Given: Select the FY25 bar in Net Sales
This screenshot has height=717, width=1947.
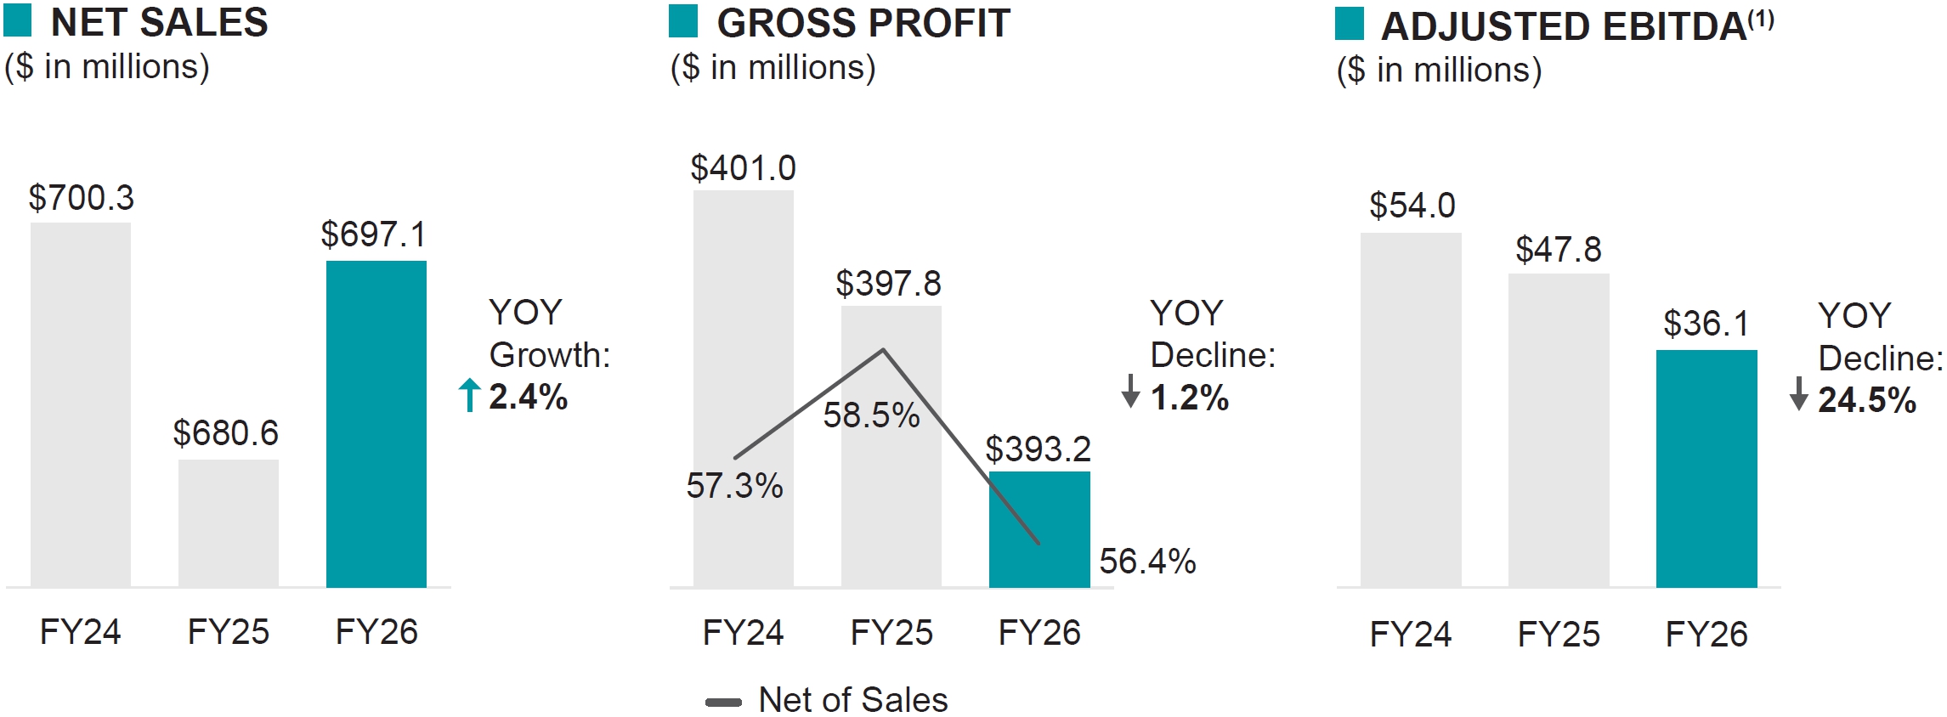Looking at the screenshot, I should [229, 522].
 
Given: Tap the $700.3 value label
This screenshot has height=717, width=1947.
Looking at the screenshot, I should [82, 198].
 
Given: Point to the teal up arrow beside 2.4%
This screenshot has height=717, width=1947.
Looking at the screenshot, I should [469, 395].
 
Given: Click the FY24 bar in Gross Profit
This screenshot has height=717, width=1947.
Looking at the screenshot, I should [743, 340].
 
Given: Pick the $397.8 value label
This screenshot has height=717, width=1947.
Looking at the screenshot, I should [888, 284].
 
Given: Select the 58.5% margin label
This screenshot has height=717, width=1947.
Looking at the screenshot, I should [871, 415].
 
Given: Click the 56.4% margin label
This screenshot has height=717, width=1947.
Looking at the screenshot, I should [1147, 562].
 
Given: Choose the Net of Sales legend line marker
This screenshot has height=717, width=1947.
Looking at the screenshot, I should [723, 703].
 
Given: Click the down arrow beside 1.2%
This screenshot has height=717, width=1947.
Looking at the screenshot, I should [1130, 392].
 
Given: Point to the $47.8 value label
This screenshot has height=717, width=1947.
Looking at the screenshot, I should [1558, 250].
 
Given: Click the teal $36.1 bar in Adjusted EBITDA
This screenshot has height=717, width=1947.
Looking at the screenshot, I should [1706, 468].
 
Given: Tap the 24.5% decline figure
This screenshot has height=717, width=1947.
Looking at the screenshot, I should [1867, 400].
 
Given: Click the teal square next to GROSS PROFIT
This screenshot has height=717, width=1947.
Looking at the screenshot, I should [683, 22].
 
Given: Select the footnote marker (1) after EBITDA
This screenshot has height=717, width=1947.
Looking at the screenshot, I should [1761, 19].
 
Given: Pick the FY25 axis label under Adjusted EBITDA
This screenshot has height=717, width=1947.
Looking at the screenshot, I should [1559, 635].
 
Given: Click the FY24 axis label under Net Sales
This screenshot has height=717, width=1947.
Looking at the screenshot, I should [81, 632].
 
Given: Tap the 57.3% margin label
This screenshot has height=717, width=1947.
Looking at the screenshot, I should [734, 486].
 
